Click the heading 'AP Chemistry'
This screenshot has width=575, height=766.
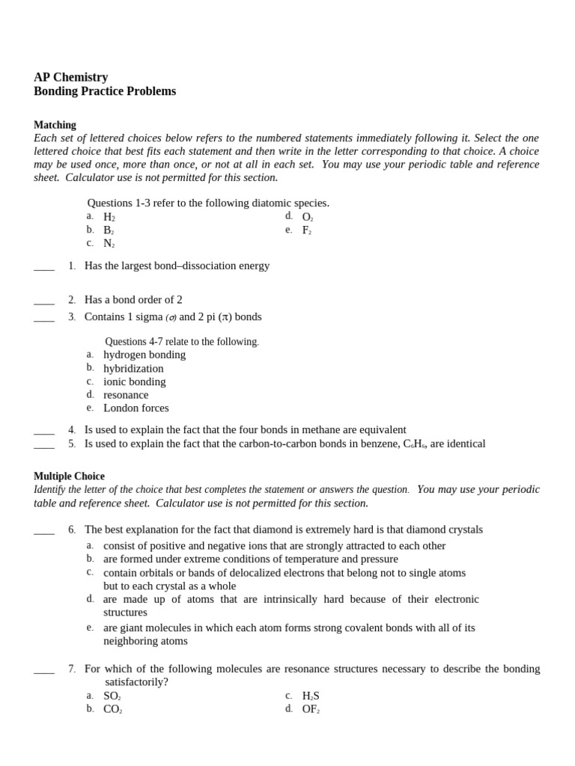pos(70,77)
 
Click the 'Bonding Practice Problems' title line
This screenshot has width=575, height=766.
pos(105,91)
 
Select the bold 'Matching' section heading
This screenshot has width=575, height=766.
pos(55,125)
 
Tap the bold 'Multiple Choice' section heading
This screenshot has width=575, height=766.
pos(69,476)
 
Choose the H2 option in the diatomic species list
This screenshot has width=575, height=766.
pos(109,217)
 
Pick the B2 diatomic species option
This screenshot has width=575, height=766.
pos(109,230)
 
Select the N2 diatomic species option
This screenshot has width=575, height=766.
pos(109,244)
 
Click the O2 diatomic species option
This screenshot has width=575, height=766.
pos(307,217)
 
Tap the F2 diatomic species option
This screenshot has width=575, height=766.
pos(306,230)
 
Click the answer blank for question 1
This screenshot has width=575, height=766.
pos(44,267)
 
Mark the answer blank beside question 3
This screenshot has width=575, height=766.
pos(44,318)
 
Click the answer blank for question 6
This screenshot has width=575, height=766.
pos(44,531)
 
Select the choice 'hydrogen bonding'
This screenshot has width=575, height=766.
pos(144,355)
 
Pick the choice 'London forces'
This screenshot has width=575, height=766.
pos(136,408)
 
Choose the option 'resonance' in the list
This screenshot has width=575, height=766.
pos(126,394)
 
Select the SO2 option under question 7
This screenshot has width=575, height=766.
pos(112,696)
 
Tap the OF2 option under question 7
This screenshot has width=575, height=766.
pos(311,709)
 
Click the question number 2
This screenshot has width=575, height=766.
pos(72,300)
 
